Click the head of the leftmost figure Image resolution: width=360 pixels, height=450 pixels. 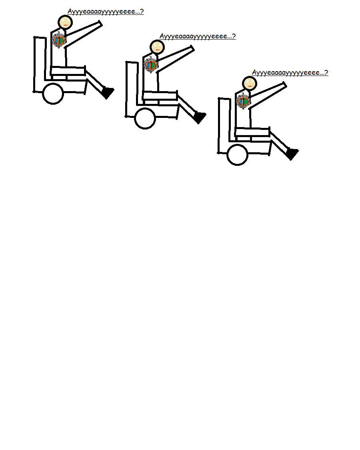click(x=65, y=22)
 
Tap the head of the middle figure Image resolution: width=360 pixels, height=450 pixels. click(x=157, y=47)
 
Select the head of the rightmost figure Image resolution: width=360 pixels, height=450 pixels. click(x=249, y=84)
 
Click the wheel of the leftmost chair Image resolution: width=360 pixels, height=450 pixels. click(x=53, y=94)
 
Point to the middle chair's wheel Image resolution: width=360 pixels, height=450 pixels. click(x=145, y=118)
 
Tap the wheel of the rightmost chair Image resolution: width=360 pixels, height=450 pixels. click(x=237, y=155)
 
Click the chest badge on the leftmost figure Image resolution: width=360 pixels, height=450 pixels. click(x=59, y=40)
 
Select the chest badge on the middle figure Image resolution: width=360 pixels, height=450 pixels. click(x=151, y=65)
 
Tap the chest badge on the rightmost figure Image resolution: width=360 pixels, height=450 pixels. click(x=243, y=101)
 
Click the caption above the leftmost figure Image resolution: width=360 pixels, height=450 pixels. click(x=106, y=12)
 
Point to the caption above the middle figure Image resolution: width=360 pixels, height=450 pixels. click(x=198, y=36)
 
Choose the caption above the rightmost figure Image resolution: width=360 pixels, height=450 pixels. click(x=290, y=73)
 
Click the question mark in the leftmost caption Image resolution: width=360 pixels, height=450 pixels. click(x=142, y=11)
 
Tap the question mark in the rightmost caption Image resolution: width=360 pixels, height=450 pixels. click(x=326, y=72)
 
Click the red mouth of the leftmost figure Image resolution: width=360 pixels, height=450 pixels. click(x=66, y=25)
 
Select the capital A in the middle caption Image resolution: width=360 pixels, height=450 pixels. click(x=162, y=36)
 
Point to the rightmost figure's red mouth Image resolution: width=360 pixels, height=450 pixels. click(x=250, y=86)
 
